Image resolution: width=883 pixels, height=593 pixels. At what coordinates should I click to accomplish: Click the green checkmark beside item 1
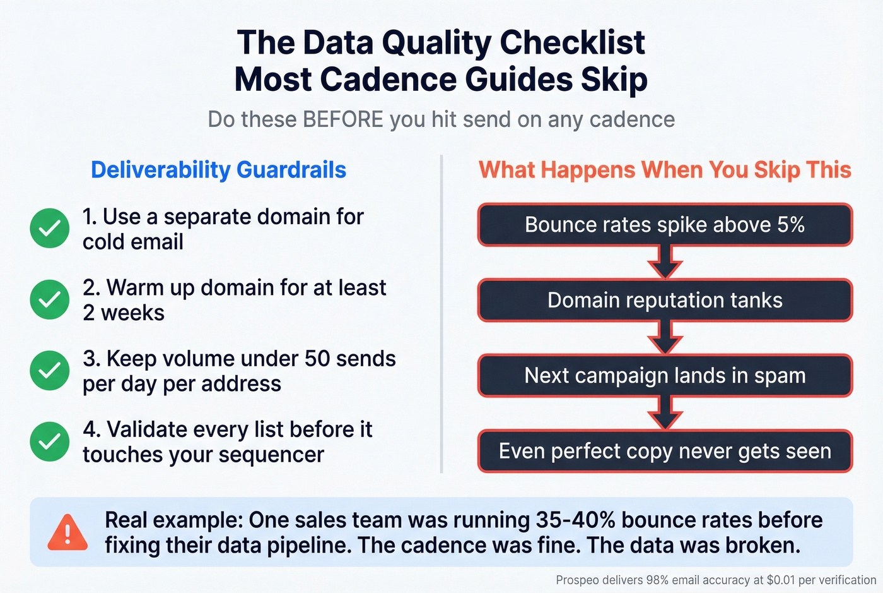[x=50, y=228]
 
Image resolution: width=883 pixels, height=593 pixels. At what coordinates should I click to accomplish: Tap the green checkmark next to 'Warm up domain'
[x=50, y=299]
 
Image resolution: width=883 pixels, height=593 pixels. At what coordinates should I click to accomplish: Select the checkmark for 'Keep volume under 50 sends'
[x=50, y=370]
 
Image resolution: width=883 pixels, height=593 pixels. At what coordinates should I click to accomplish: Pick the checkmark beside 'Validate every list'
[x=50, y=441]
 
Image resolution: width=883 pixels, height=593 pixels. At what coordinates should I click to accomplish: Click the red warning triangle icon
[x=67, y=532]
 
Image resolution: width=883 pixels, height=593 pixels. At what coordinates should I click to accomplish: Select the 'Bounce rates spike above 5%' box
[x=665, y=225]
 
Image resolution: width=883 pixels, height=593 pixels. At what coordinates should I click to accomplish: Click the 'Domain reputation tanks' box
[x=665, y=300]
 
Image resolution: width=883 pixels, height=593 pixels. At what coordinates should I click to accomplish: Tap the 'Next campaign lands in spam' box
[x=665, y=376]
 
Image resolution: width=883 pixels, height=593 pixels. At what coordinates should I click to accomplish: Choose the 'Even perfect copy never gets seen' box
[x=665, y=451]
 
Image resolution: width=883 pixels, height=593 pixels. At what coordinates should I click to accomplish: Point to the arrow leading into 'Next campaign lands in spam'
[x=665, y=338]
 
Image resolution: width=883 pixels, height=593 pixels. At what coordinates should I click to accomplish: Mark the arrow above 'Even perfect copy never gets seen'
[x=665, y=414]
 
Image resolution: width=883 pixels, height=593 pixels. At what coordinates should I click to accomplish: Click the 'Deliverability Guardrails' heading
[x=218, y=170]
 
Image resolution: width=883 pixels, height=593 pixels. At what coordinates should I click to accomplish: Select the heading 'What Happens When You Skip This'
[x=665, y=170]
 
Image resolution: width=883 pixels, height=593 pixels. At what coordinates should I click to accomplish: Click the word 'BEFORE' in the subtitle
[x=343, y=119]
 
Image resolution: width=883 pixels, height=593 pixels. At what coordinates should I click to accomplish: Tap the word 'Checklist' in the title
[x=573, y=43]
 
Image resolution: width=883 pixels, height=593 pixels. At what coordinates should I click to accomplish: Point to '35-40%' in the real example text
[x=575, y=520]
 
